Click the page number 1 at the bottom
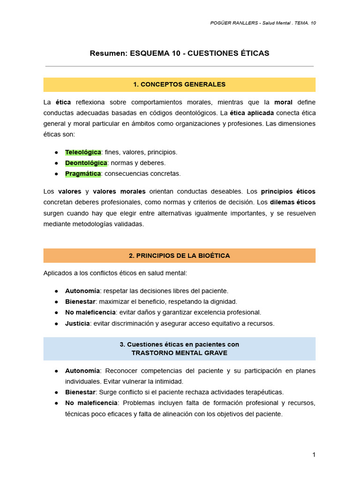(x=314, y=454)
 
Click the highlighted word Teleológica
(x=83, y=152)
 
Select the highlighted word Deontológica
(x=86, y=163)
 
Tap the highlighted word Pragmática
(x=83, y=173)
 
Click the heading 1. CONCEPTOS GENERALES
(x=180, y=84)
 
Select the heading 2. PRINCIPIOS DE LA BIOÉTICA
(x=180, y=255)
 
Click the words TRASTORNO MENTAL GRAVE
(x=180, y=353)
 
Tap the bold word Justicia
(x=77, y=323)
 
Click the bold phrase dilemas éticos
(x=292, y=202)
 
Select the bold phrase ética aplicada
(x=252, y=113)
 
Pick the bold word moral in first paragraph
(x=283, y=102)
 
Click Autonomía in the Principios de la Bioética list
(x=82, y=291)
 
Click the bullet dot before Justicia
(x=56, y=323)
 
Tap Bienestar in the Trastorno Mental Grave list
(x=80, y=392)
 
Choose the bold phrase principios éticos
(x=288, y=191)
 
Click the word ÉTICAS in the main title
(x=253, y=53)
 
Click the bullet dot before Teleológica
(x=56, y=152)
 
